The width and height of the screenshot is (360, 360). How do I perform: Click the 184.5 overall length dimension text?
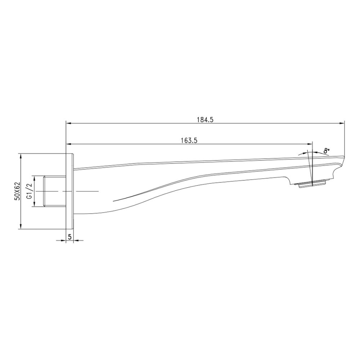tap(205, 120)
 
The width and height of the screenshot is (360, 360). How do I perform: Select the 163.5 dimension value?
tap(189, 141)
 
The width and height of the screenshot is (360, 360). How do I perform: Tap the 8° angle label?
tap(327, 151)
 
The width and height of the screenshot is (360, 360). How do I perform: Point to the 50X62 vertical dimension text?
tap(17, 191)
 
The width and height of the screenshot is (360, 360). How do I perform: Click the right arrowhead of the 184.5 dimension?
tap(342, 123)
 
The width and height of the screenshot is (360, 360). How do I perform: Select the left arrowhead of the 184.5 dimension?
tap(68, 123)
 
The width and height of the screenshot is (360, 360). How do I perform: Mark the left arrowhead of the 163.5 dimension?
tap(68, 144)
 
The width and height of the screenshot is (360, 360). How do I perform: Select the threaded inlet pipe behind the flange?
tap(54, 191)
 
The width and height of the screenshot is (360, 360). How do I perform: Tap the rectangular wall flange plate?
tap(69, 191)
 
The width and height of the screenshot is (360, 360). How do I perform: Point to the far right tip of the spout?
tap(344, 157)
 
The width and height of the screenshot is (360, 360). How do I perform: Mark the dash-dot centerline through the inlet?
tap(86, 190)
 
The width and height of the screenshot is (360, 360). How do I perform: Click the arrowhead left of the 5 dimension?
tap(63, 240)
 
